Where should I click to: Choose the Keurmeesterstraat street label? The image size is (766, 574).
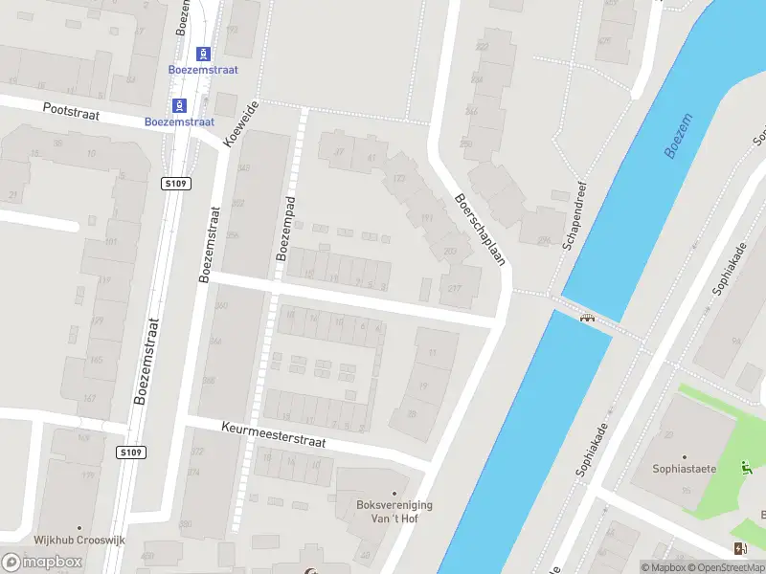tap(273, 435)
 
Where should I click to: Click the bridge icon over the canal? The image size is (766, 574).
tap(588, 317)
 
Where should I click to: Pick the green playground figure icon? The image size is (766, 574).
tap(745, 468)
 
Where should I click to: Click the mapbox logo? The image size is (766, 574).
tap(42, 562)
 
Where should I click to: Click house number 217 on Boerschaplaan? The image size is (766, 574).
tap(454, 290)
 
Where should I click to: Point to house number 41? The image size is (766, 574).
tap(371, 158)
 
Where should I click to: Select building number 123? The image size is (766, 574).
tap(399, 179)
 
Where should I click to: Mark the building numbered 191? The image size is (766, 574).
tap(426, 218)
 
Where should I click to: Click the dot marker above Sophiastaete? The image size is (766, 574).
tap(684, 457)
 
